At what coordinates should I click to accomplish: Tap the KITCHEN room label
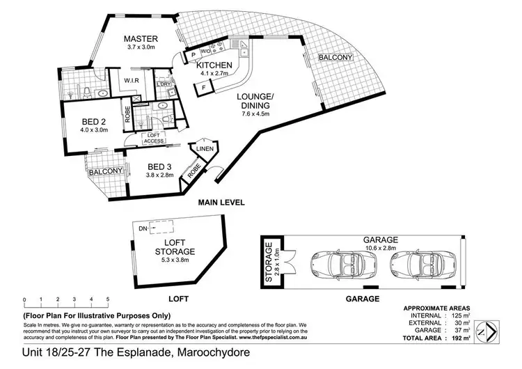click(x=214, y=65)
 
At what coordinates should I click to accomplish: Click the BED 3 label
click(x=160, y=166)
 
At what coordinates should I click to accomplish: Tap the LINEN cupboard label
click(x=205, y=148)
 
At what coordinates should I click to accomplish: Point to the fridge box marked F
click(x=204, y=88)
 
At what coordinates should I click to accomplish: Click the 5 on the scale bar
click(x=108, y=300)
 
